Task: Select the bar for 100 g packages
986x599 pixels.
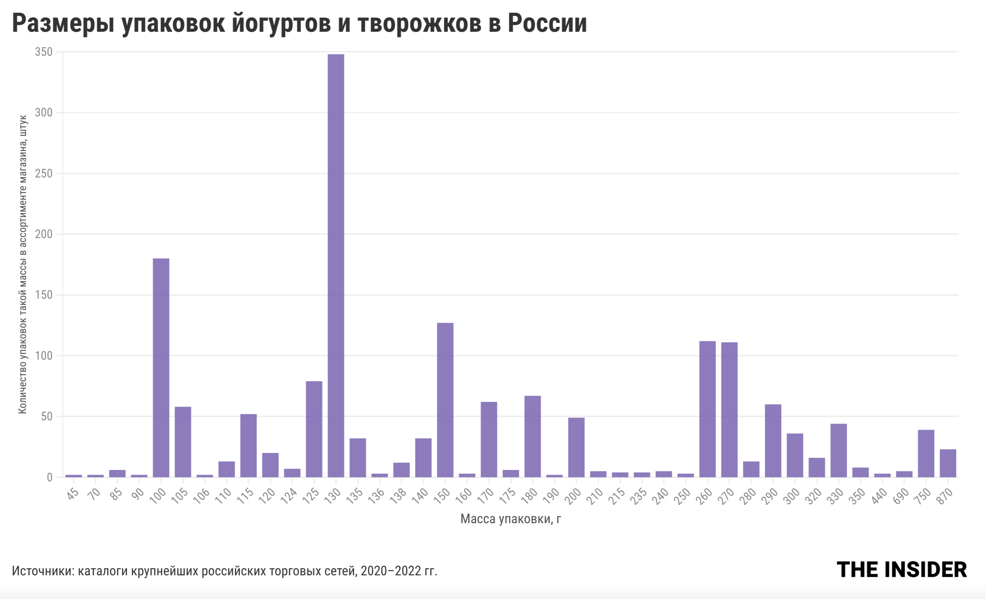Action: tap(161, 368)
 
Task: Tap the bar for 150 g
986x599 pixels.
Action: tap(445, 399)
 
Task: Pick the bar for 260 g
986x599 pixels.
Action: tap(708, 409)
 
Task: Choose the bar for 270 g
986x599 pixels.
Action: tap(729, 409)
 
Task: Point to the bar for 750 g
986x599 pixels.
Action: tap(926, 453)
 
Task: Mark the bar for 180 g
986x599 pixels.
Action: tap(533, 436)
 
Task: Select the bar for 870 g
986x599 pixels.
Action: tap(948, 463)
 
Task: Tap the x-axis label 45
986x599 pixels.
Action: tap(73, 494)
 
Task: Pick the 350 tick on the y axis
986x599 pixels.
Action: tap(44, 52)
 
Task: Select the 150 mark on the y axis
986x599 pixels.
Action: tap(44, 295)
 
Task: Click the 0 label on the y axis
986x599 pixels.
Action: tap(49, 477)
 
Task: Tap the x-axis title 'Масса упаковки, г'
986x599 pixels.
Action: tap(511, 519)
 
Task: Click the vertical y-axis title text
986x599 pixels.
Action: tap(23, 264)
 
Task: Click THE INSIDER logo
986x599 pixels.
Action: tap(901, 569)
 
